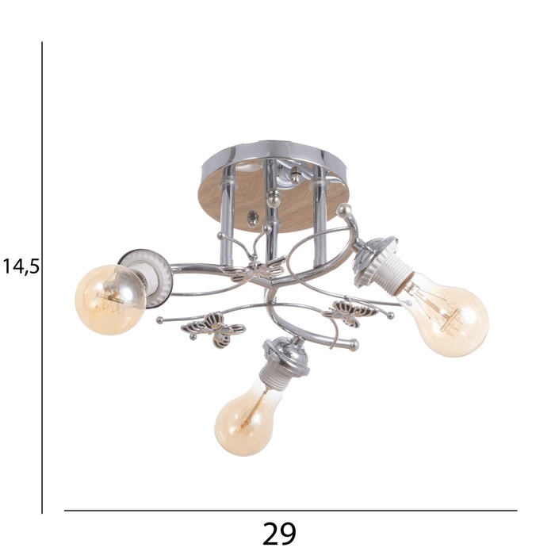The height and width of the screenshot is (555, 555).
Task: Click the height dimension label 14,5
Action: coord(21,266)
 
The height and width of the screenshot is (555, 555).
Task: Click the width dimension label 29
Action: coord(279,533)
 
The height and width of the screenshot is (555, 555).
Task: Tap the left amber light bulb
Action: coord(110,300)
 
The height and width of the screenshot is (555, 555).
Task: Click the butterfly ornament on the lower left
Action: coord(213,329)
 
